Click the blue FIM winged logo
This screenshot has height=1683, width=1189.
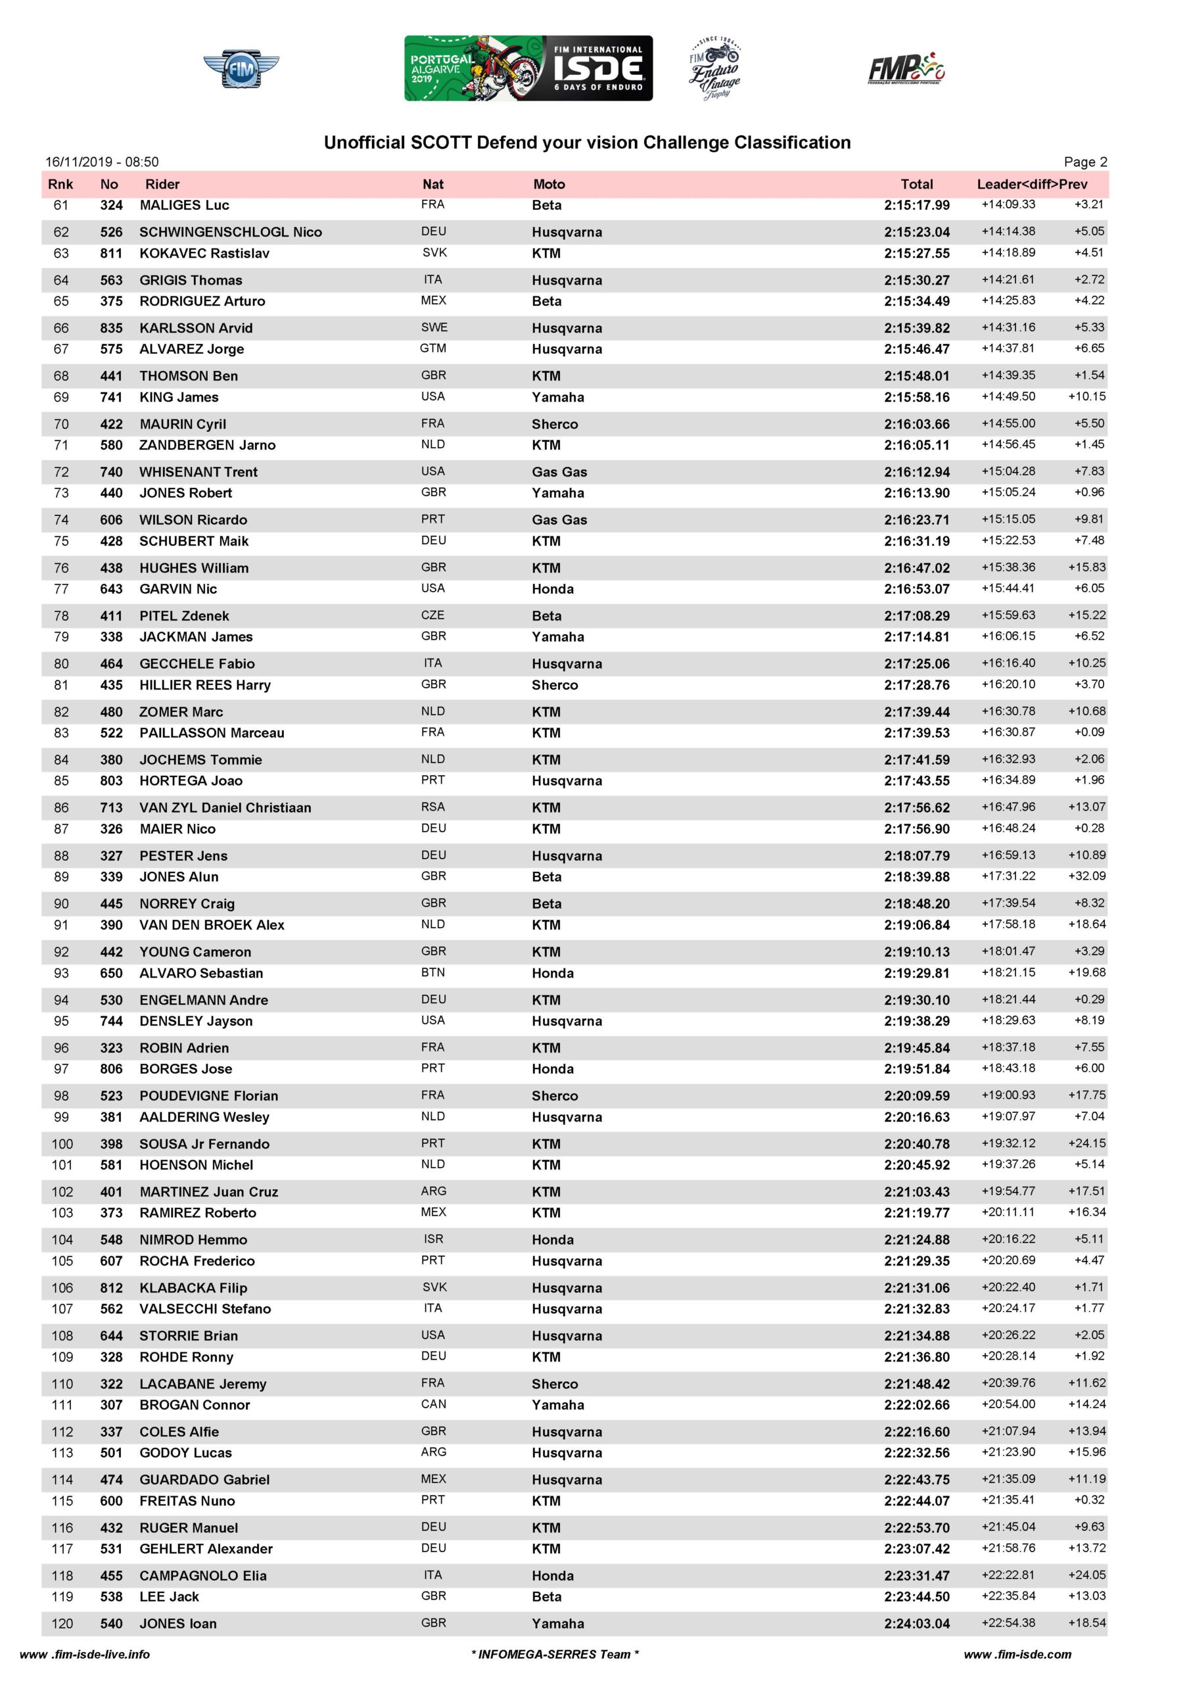tap(241, 70)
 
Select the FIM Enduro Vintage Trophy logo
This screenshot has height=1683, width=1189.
tap(714, 68)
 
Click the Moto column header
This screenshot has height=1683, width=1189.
tap(549, 184)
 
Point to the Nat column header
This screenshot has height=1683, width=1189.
tap(432, 184)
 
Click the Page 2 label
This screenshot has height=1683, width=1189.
tap(1085, 162)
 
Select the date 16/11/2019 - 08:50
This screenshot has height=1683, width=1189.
tap(102, 162)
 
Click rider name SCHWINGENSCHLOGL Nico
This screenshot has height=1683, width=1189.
tap(230, 232)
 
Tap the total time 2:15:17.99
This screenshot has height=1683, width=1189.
tap(916, 205)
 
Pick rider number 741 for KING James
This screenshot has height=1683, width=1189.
tap(112, 397)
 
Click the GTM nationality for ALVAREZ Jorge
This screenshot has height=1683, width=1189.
tap(432, 348)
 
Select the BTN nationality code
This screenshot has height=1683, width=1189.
tap(432, 973)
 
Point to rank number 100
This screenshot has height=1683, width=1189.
tap(62, 1143)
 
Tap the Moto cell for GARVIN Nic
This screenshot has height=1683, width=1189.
tap(553, 588)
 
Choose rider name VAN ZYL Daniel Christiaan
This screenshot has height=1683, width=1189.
tap(225, 808)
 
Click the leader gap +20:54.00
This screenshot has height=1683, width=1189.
tap(1008, 1404)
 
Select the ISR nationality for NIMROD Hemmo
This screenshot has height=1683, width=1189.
tap(432, 1239)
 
